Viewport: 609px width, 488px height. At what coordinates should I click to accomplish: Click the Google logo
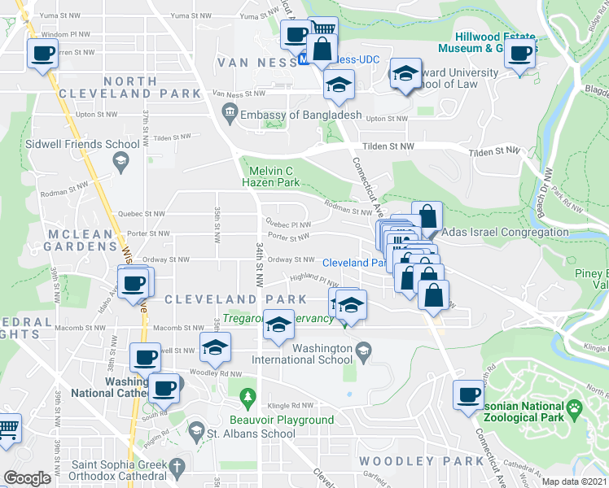pyautogui.click(x=28, y=478)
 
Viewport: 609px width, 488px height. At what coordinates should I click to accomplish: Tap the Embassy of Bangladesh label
pyautogui.click(x=300, y=115)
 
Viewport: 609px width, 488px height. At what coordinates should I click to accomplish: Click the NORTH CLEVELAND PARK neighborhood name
pyautogui.click(x=130, y=87)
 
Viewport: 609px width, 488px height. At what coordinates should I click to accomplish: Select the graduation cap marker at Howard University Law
pyautogui.click(x=405, y=74)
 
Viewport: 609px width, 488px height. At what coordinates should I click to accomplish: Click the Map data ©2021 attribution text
pyautogui.click(x=575, y=481)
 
